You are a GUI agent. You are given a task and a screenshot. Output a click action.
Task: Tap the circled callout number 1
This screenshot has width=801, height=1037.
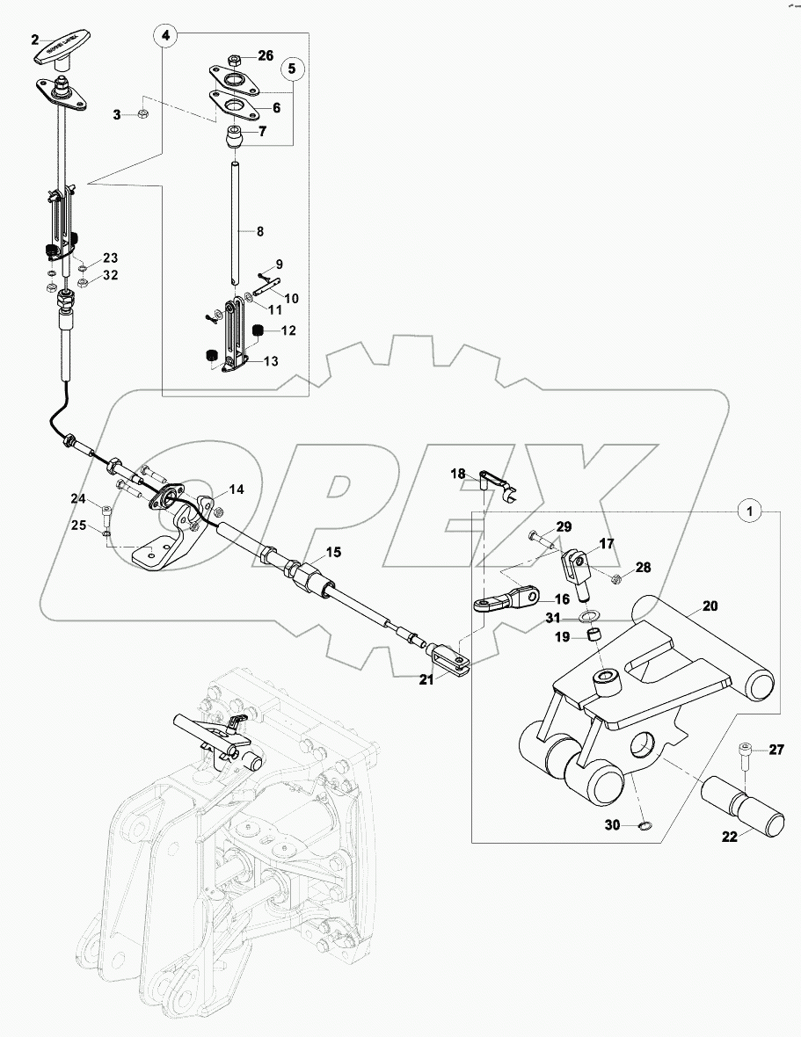[748, 510]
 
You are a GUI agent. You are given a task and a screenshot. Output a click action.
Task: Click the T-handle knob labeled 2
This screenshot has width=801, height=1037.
[65, 51]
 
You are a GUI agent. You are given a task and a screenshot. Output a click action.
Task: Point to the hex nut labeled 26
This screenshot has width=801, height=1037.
[235, 60]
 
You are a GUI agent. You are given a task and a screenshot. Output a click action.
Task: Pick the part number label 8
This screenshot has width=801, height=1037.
[260, 231]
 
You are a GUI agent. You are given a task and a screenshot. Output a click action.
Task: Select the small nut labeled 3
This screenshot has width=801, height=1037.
[143, 115]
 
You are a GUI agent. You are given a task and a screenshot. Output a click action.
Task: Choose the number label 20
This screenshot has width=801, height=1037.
[710, 606]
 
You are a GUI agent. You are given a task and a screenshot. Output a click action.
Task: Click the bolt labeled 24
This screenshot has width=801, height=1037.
[106, 512]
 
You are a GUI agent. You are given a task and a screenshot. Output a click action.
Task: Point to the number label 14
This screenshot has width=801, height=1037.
[237, 489]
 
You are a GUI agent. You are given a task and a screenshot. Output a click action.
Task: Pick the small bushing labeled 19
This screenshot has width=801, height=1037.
[594, 635]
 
